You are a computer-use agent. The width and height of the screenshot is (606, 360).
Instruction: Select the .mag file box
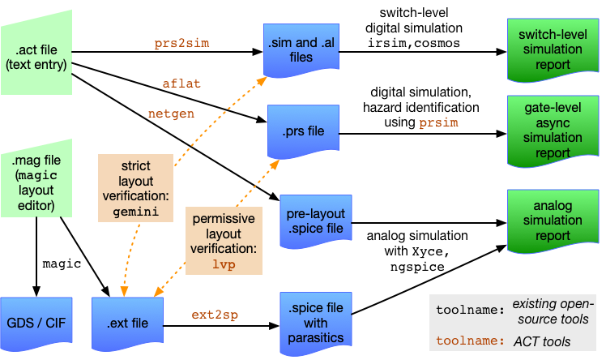tap(36, 182)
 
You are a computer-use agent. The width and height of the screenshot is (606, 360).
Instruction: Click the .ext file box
tap(128, 323)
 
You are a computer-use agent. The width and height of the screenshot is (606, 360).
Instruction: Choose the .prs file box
tap(303, 131)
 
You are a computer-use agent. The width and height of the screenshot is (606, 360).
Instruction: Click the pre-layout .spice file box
tap(315, 221)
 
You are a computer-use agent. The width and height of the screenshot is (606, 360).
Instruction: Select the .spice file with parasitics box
tap(315, 323)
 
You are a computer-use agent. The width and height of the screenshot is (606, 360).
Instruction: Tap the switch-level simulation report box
tap(552, 48)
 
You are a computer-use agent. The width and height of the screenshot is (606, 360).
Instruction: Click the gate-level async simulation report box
tap(552, 130)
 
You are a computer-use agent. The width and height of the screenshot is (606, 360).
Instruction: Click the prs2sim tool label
tap(181, 44)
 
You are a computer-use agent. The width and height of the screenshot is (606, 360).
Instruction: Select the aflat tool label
tap(181, 83)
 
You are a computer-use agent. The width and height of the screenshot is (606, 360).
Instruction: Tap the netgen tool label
tap(171, 114)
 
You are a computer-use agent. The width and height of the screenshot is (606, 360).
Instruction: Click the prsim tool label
tap(438, 123)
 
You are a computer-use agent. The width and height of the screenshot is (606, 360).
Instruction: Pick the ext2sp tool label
tap(215, 315)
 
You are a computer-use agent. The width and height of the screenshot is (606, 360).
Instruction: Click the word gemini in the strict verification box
tap(135, 212)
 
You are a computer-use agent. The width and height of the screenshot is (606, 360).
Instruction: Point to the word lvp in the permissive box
tap(223, 264)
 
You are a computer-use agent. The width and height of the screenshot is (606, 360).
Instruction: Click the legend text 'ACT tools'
tap(542, 341)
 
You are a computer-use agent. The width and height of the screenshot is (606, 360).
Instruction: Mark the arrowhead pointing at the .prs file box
tap(275, 164)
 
